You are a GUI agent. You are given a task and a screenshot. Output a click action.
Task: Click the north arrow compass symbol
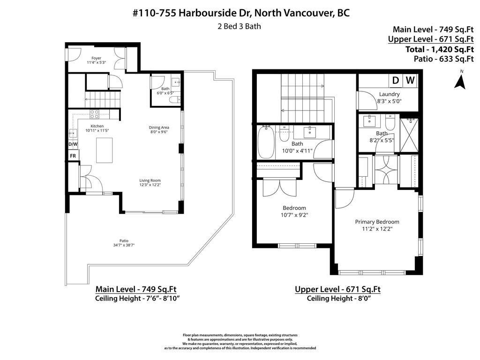(461, 81)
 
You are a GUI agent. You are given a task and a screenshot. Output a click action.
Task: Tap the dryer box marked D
(395, 81)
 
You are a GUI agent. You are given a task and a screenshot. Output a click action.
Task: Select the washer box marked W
(410, 81)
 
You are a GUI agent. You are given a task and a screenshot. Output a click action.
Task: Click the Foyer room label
(96, 58)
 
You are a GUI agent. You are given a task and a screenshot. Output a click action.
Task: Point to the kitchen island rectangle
(104, 150)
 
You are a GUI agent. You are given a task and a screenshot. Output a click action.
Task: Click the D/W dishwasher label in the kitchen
(73, 144)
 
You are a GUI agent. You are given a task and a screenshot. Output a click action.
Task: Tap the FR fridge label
(73, 156)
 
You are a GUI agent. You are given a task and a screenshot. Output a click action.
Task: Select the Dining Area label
(159, 127)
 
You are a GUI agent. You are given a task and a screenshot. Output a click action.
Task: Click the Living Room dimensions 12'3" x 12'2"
(150, 185)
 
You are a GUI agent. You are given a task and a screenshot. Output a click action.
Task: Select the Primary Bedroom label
(377, 222)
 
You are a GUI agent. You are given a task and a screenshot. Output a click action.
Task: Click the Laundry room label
(389, 94)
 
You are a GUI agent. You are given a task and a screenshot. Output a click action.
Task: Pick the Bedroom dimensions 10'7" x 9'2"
(294, 215)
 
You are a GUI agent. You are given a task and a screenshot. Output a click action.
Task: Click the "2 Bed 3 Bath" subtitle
(240, 26)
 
